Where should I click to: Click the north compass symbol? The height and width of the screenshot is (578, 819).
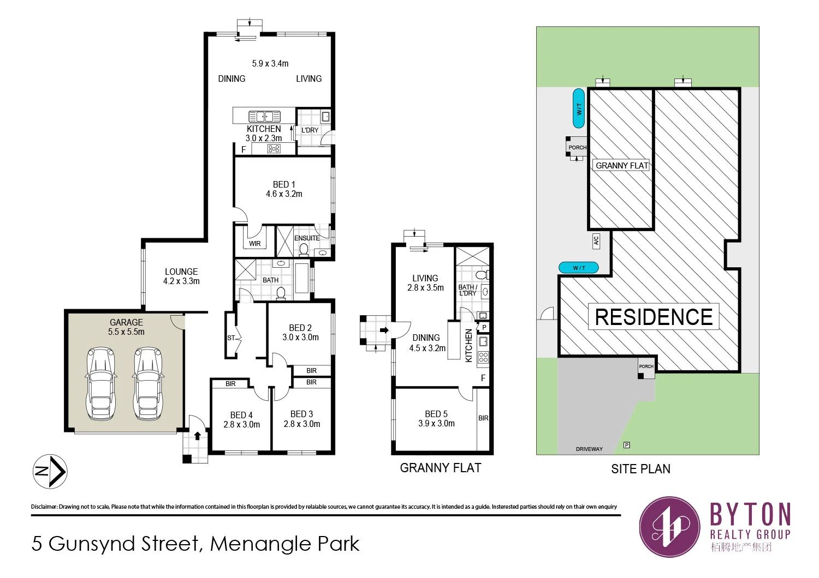pyautogui.click(x=50, y=471)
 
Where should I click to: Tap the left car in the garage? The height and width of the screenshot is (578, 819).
pyautogui.click(x=101, y=383)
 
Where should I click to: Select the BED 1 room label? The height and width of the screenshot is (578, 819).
pyautogui.click(x=284, y=185)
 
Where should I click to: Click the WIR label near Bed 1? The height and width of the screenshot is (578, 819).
pyautogui.click(x=255, y=244)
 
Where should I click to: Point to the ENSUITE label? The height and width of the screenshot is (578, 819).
pyautogui.click(x=307, y=238)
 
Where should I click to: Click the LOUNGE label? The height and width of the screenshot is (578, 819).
pyautogui.click(x=181, y=272)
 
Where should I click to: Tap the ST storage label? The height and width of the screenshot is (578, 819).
pyautogui.click(x=231, y=338)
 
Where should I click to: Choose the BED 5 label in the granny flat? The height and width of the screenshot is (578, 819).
pyautogui.click(x=436, y=414)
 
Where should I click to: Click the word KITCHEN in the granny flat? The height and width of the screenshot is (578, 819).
pyautogui.click(x=468, y=345)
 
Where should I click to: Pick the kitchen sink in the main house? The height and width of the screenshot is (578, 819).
pyautogui.click(x=264, y=116)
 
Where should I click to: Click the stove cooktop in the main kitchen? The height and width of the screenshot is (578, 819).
pyautogui.click(x=274, y=148)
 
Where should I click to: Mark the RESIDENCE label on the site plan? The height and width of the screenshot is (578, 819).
pyautogui.click(x=654, y=317)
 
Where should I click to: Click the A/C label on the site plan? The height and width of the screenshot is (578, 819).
pyautogui.click(x=596, y=240)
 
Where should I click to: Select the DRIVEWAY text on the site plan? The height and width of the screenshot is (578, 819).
pyautogui.click(x=589, y=449)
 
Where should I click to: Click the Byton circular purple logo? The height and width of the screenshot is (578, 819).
pyautogui.click(x=670, y=527)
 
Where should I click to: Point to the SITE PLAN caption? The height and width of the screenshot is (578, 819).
pyautogui.click(x=640, y=469)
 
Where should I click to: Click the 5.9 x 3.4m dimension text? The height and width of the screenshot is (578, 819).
pyautogui.click(x=270, y=64)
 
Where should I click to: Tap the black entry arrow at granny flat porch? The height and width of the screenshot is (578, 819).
pyautogui.click(x=384, y=330)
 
